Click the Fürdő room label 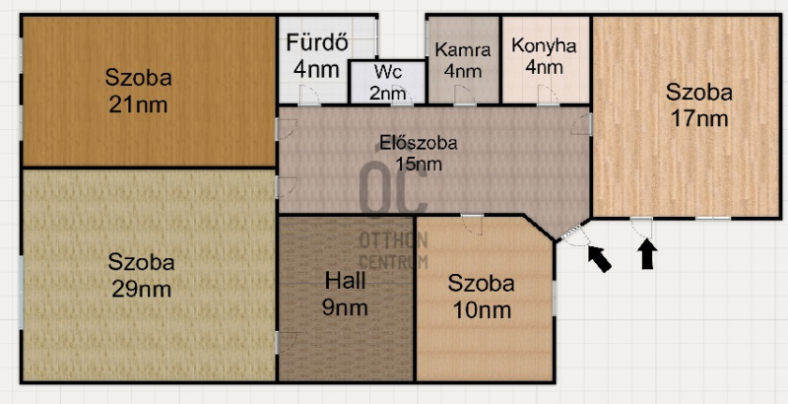(x=317, y=43)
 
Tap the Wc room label (x=387, y=71)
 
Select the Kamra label (x=462, y=49)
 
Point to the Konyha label (x=544, y=45)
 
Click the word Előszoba (x=418, y=143)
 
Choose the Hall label (x=345, y=281)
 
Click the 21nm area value (x=138, y=105)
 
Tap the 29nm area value (x=141, y=290)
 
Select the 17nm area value (x=699, y=119)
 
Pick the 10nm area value (x=482, y=310)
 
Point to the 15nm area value (x=418, y=165)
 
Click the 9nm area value (x=345, y=307)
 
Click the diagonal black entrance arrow (x=600, y=259)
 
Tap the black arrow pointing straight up (x=648, y=254)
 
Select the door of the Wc (x=403, y=96)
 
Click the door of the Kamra (x=465, y=96)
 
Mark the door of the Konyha (x=548, y=96)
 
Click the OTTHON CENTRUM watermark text (x=393, y=250)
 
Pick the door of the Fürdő (x=309, y=96)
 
